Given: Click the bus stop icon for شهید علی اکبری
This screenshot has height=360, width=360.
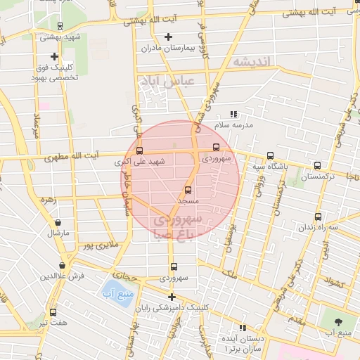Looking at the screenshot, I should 139,150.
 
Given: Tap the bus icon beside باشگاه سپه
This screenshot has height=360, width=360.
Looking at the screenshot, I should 270,156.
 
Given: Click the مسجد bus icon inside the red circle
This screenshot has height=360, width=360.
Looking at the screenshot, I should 188,190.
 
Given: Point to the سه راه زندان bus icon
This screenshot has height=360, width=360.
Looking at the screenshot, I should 318,217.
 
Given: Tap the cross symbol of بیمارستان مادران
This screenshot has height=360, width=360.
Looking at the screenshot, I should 167,37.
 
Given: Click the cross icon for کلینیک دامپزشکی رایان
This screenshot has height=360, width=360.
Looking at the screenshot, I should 171,297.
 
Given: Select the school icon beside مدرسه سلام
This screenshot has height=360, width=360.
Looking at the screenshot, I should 234,114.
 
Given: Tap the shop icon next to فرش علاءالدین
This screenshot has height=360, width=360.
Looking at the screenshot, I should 64,266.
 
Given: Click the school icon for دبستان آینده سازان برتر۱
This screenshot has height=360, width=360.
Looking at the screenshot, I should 243,328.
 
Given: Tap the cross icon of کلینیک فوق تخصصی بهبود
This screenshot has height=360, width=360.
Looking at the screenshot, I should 54,56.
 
